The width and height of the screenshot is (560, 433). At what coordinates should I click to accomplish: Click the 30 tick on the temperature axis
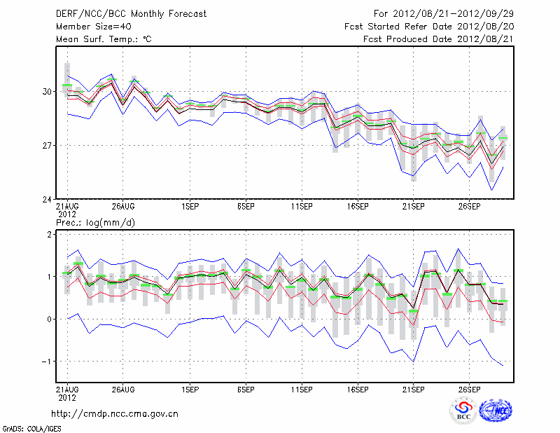click(47, 92)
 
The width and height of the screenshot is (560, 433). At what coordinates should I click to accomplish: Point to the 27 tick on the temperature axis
click(47, 146)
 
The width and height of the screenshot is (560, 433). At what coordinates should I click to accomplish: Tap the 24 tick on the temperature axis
click(47, 200)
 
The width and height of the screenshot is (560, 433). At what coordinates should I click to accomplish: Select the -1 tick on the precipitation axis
click(47, 362)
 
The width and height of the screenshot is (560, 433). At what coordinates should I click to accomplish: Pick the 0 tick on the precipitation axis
click(49, 319)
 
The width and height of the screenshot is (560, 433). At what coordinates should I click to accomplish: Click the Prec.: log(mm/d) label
click(97, 222)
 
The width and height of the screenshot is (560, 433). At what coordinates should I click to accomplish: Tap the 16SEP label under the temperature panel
click(357, 207)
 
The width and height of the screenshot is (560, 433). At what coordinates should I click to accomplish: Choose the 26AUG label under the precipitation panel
click(122, 389)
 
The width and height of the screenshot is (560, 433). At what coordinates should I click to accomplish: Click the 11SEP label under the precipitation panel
click(301, 389)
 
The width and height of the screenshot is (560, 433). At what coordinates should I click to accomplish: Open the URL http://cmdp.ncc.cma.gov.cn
click(115, 413)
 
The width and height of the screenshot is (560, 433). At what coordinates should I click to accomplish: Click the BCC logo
click(463, 412)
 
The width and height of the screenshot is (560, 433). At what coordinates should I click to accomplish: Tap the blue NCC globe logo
click(495, 411)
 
